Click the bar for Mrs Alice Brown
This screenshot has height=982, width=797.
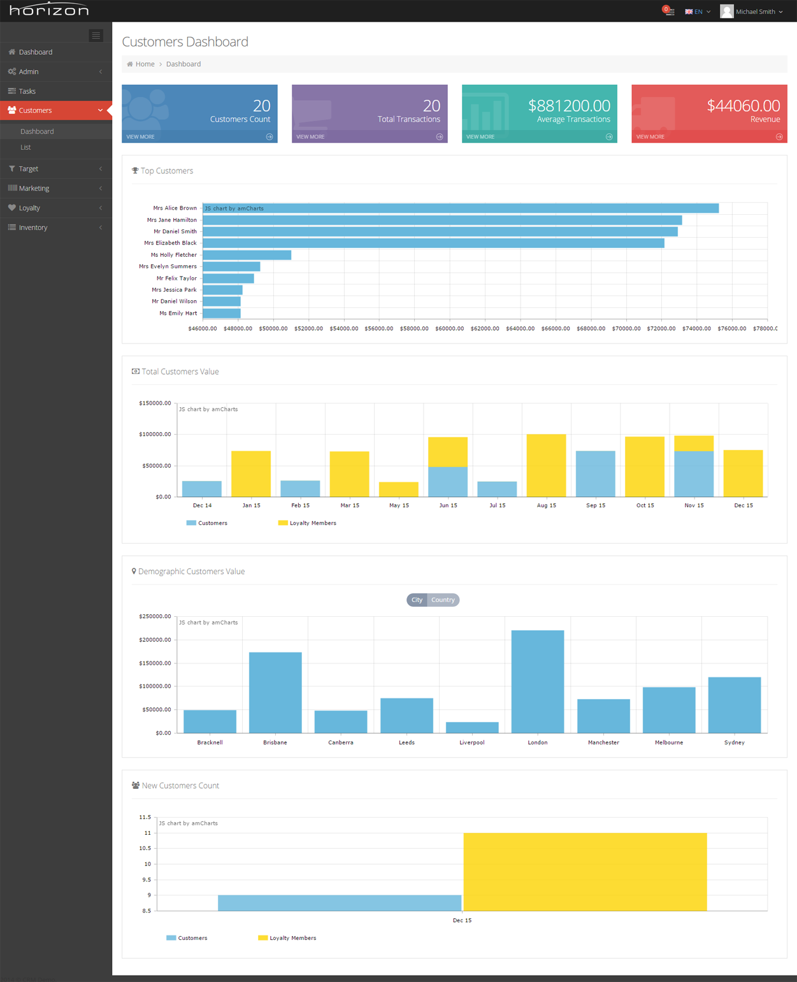tap(461, 208)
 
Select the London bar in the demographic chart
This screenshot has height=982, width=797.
tap(537, 681)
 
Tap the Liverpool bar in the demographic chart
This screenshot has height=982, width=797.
tap(472, 727)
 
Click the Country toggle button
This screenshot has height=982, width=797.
tap(443, 600)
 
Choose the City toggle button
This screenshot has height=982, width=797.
tap(417, 600)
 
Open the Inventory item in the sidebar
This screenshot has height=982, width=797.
tap(33, 227)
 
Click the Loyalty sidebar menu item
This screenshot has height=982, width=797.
tap(29, 208)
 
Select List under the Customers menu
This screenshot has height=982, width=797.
tap(25, 147)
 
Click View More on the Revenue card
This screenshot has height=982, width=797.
tap(650, 137)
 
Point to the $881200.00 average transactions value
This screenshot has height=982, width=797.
tap(569, 106)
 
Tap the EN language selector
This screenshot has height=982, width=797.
tap(698, 11)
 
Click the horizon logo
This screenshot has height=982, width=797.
tap(49, 10)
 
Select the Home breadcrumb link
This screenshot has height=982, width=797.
tap(145, 64)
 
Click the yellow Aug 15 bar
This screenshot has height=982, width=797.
tap(546, 465)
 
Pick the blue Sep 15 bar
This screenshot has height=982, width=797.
tap(595, 473)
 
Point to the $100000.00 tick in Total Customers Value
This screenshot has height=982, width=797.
tap(155, 435)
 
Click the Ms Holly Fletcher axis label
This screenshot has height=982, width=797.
tap(173, 255)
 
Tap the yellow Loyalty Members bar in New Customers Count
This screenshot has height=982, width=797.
tap(585, 871)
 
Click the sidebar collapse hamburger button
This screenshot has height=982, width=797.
tap(96, 36)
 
